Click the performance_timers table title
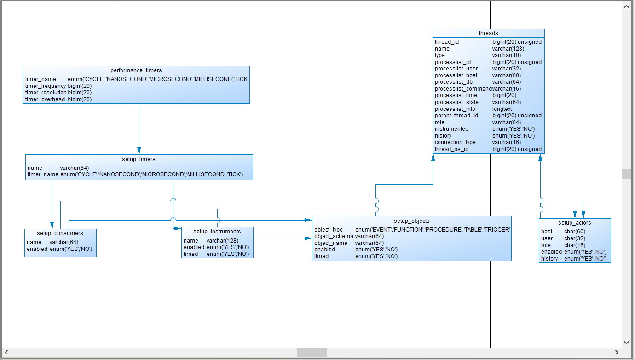(x=136, y=70)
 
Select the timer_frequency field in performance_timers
(x=46, y=86)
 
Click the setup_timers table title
(x=139, y=159)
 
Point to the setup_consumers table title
(x=60, y=233)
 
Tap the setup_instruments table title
(x=217, y=232)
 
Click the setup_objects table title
(x=411, y=221)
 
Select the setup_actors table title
(x=575, y=223)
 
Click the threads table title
(x=488, y=33)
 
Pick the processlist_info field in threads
(x=455, y=109)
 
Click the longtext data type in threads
(x=502, y=109)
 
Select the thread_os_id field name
(x=451, y=149)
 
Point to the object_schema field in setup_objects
(x=334, y=236)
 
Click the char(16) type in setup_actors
(x=575, y=245)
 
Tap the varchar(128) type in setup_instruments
(x=222, y=241)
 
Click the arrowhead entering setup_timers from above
(x=139, y=151)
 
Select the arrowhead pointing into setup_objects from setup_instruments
(x=309, y=238)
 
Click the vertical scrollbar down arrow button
(x=626, y=343)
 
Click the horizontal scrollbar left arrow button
(x=6, y=353)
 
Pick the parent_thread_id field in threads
(x=456, y=116)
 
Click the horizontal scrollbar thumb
(x=312, y=353)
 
